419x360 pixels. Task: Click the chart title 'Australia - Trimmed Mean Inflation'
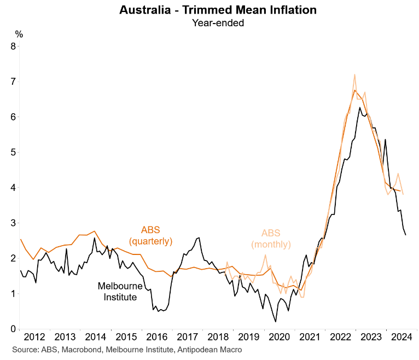[x=218, y=10]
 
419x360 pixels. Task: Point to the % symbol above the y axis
[x=19, y=34]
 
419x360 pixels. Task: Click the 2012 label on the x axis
[x=34, y=337]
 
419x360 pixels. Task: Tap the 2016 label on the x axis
[x=159, y=337]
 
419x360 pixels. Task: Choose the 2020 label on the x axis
[x=283, y=337]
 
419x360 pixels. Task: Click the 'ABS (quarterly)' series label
[x=150, y=235]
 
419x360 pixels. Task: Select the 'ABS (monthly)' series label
[x=271, y=238]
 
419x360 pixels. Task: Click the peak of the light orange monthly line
[x=355, y=74]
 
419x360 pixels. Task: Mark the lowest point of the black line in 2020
[x=275, y=322]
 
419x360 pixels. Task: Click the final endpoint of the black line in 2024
[x=405, y=235]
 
